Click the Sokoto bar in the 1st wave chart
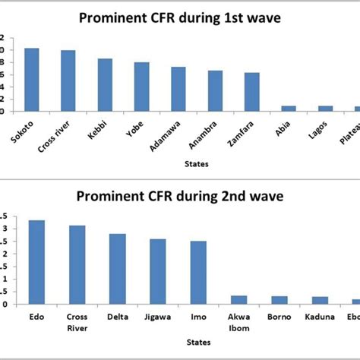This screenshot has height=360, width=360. pos(31,80)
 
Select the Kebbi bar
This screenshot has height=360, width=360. pos(105,85)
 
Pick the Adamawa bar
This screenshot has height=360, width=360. pos(178,89)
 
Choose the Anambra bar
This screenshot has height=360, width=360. pos(216,91)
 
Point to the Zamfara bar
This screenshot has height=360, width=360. pos(252,92)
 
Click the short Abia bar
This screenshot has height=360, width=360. pos(289,109)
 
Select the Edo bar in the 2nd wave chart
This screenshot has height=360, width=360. pos(36,262)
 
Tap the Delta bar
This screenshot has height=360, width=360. pos(117,269)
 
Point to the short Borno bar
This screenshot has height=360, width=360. pos(279,300)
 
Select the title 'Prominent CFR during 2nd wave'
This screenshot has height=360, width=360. pos(180,197)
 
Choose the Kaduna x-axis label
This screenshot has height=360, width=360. pos(320,317)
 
